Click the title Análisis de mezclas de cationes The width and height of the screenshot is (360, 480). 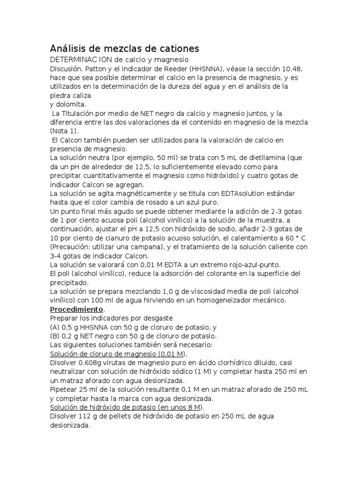124,48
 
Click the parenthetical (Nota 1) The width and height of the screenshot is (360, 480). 65,131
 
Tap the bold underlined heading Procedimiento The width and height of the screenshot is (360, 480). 76,309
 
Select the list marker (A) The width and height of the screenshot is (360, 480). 55,327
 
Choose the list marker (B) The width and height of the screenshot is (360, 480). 55,336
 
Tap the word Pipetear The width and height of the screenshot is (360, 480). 65,390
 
